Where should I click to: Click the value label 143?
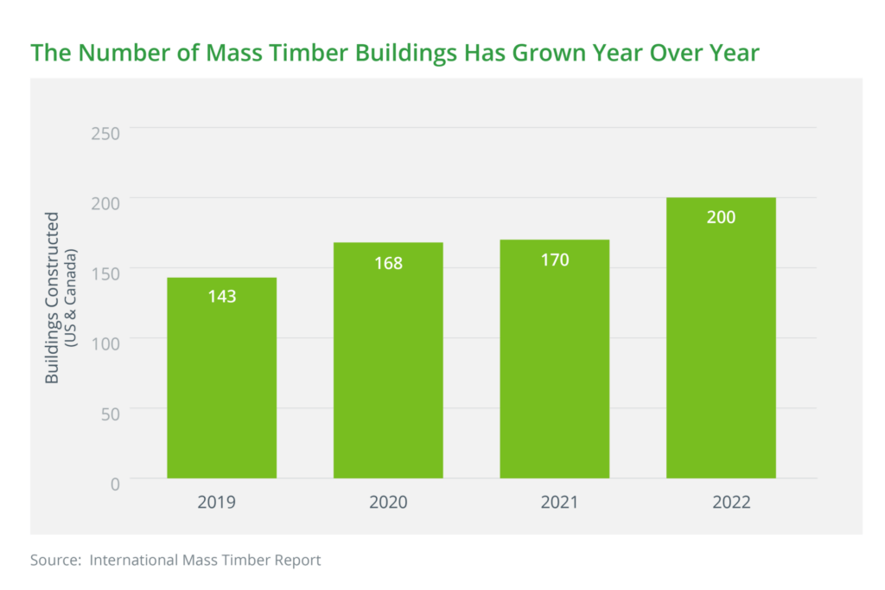(221, 296)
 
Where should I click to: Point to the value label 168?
(388, 262)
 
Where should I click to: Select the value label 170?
(555, 259)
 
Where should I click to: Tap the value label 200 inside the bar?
(721, 217)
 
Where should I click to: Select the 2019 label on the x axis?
(221, 503)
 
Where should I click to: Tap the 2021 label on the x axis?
(555, 503)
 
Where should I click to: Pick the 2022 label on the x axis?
(721, 503)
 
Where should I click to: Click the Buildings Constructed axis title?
(53, 298)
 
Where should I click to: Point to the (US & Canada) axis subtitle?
(73, 298)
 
